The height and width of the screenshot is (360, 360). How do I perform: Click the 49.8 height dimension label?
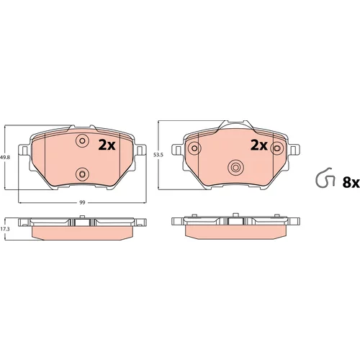click(x=5, y=158)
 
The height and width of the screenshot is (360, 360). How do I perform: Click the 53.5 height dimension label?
click(x=158, y=155)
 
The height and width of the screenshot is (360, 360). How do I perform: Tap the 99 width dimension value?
click(x=82, y=202)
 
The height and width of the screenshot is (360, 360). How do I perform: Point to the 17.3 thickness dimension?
click(x=5, y=229)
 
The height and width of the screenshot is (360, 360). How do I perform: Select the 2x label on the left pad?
click(x=107, y=145)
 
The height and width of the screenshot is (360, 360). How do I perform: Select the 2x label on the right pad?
click(x=259, y=145)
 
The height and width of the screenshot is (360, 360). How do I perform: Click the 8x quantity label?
click(x=351, y=183)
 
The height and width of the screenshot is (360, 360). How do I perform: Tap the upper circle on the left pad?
click(x=82, y=140)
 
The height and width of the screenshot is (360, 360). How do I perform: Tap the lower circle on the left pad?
click(x=82, y=174)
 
